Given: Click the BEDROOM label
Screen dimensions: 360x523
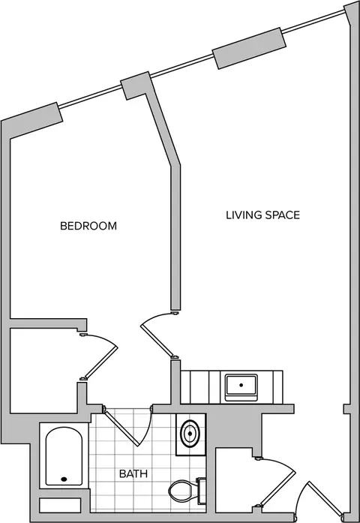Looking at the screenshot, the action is pos(88,226).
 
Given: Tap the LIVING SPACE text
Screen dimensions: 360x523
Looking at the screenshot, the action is pos(263,215).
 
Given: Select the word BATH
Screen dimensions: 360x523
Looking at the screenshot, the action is pos(133,473).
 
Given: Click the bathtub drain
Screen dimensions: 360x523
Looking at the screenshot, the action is pos(64,479).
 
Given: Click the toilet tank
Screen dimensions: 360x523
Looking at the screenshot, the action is pos(202,491).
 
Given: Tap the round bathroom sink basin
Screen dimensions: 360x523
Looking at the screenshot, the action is pos(190,434).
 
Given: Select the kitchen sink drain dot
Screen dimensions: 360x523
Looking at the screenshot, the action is pos(241,385).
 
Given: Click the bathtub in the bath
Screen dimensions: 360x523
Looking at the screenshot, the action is pos(64,456).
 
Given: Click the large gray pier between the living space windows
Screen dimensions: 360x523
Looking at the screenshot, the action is pos(249,48).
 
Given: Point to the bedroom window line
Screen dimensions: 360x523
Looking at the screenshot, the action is pos(91,97).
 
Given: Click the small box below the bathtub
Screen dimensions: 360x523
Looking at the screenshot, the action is pos(60,505).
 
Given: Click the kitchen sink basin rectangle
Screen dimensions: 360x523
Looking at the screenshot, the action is pos(241,386).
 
